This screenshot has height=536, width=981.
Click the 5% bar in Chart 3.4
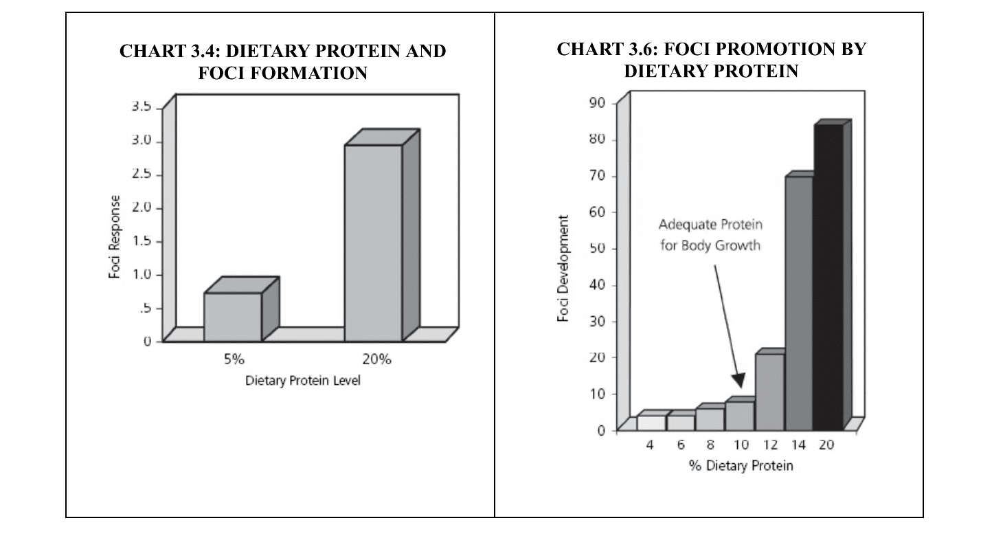[x=233, y=317]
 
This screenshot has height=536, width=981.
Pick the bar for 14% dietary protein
[x=799, y=303]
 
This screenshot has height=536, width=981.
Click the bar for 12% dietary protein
[x=769, y=392]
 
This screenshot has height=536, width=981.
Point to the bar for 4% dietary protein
[x=651, y=423]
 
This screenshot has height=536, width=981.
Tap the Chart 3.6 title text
[x=711, y=60]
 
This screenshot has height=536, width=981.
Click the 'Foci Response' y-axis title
[x=115, y=237]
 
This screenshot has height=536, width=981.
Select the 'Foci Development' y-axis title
[x=565, y=268]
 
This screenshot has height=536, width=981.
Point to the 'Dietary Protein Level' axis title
[x=303, y=381]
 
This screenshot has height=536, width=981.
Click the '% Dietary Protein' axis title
[x=741, y=466]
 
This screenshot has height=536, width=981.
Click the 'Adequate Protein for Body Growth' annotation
[x=710, y=235]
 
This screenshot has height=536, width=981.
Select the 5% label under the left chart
[x=234, y=359]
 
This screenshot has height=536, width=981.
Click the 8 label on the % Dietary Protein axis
[x=710, y=445]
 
